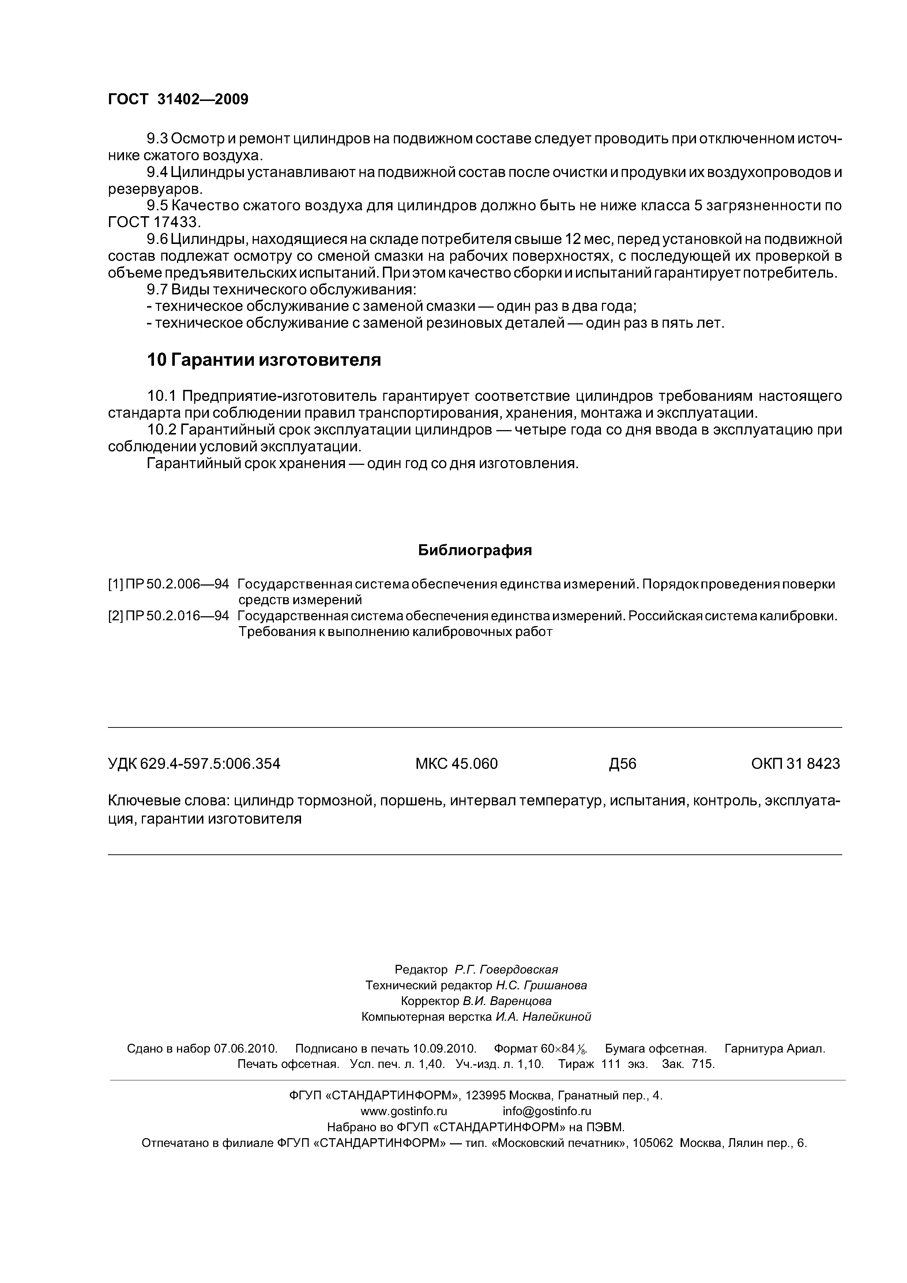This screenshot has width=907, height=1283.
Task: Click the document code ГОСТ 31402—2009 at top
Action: (178, 99)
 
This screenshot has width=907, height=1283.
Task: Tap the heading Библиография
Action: (475, 550)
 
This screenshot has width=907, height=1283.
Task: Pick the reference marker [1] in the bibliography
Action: (115, 584)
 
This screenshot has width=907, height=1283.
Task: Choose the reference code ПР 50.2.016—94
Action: (177, 616)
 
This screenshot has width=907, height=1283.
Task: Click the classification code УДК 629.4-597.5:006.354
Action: (194, 764)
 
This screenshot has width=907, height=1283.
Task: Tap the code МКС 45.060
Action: (456, 764)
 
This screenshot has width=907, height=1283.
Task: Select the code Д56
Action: (622, 764)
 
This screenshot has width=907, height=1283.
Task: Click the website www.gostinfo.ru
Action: (403, 1111)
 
